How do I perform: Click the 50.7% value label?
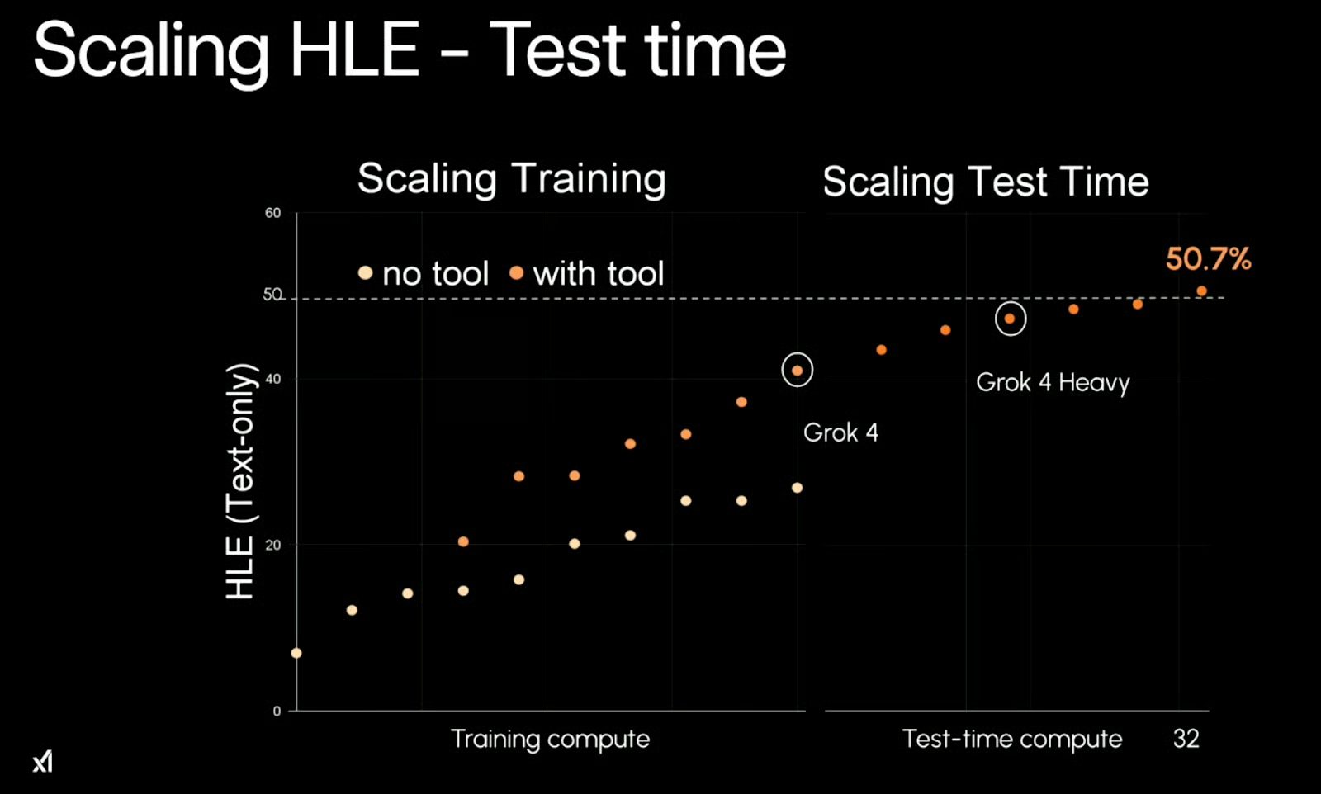pyautogui.click(x=1208, y=259)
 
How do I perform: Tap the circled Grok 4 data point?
pyautogui.click(x=797, y=371)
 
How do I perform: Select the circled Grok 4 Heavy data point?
pyautogui.click(x=1010, y=319)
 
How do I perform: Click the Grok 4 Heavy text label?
pyautogui.click(x=1053, y=383)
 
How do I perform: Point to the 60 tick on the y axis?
pyautogui.click(x=272, y=213)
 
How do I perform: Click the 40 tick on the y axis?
pyautogui.click(x=272, y=379)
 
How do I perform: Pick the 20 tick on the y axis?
pyautogui.click(x=272, y=545)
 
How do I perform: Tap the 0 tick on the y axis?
pyautogui.click(x=277, y=711)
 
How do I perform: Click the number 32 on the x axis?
pyautogui.click(x=1186, y=738)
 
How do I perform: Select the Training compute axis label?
pyautogui.click(x=550, y=739)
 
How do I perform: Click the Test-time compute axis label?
pyautogui.click(x=1011, y=739)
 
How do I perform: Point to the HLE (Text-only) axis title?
pyautogui.click(x=240, y=481)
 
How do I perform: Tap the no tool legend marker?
pyautogui.click(x=365, y=272)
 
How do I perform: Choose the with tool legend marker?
pyautogui.click(x=516, y=272)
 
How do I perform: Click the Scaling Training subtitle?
pyautogui.click(x=511, y=179)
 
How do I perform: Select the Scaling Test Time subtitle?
pyautogui.click(x=985, y=182)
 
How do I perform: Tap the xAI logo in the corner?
pyautogui.click(x=43, y=760)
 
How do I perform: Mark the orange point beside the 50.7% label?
pyautogui.click(x=1201, y=291)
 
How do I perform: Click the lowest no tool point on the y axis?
pyautogui.click(x=296, y=653)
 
